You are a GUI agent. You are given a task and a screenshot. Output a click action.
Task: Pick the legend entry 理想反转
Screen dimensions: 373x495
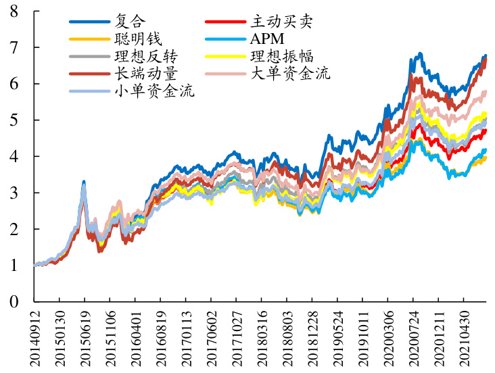147,57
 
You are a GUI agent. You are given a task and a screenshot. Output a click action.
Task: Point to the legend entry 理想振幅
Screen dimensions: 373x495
283,57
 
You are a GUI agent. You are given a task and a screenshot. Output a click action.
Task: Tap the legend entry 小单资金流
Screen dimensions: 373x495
157,92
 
